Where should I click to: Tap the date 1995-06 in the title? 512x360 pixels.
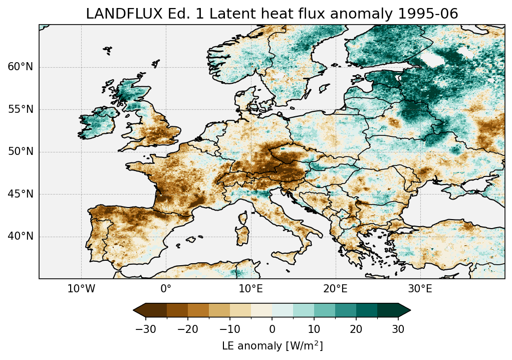432,14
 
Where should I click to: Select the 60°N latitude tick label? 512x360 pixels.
21,67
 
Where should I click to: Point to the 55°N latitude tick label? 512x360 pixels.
21,110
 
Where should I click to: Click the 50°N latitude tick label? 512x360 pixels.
21,152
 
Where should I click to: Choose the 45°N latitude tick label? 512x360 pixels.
21,194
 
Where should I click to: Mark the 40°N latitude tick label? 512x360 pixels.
21,236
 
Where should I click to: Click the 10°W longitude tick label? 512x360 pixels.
81,289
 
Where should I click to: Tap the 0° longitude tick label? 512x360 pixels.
166,289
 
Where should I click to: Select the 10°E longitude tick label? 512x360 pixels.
250,289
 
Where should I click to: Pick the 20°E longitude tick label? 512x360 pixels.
335,289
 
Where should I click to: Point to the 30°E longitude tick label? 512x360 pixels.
420,289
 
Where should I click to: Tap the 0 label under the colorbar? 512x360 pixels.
272,329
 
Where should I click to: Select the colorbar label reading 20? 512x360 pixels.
356,329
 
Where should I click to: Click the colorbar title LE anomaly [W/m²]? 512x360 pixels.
272,346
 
